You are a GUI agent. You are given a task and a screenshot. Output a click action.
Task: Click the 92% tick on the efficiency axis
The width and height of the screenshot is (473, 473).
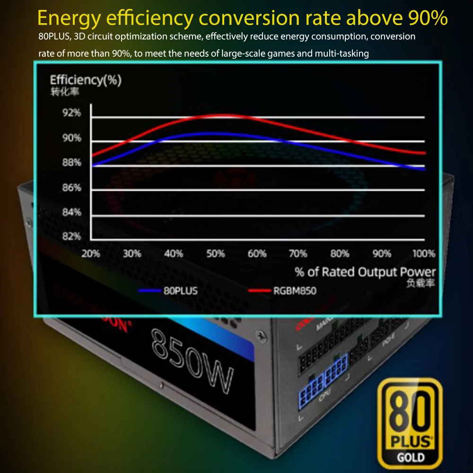click(x=72, y=113)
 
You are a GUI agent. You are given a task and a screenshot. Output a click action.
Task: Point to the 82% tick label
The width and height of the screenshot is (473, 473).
click(x=72, y=236)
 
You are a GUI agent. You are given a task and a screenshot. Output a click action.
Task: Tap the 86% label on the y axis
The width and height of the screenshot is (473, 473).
click(x=72, y=187)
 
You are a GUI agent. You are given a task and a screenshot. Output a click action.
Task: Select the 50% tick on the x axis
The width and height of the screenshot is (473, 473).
click(x=215, y=254)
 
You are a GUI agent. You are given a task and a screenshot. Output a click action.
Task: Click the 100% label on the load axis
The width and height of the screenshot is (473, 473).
click(x=423, y=254)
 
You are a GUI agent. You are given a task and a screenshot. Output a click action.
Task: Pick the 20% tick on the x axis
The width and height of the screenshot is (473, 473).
click(x=90, y=254)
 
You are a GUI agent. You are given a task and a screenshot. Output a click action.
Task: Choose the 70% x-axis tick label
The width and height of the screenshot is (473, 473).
click(x=298, y=254)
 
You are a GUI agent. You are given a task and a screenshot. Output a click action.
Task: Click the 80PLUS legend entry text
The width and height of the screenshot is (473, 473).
click(x=180, y=290)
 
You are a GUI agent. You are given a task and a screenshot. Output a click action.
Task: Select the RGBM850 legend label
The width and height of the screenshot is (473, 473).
click(x=294, y=290)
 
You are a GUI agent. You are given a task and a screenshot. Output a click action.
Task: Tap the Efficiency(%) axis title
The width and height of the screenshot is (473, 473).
click(x=86, y=80)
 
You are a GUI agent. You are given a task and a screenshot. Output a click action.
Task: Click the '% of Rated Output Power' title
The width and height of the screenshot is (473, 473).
click(x=365, y=272)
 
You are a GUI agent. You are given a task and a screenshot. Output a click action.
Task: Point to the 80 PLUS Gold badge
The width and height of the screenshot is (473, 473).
click(x=410, y=420)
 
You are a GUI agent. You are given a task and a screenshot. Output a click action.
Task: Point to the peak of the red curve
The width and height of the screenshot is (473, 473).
click(x=225, y=115)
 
